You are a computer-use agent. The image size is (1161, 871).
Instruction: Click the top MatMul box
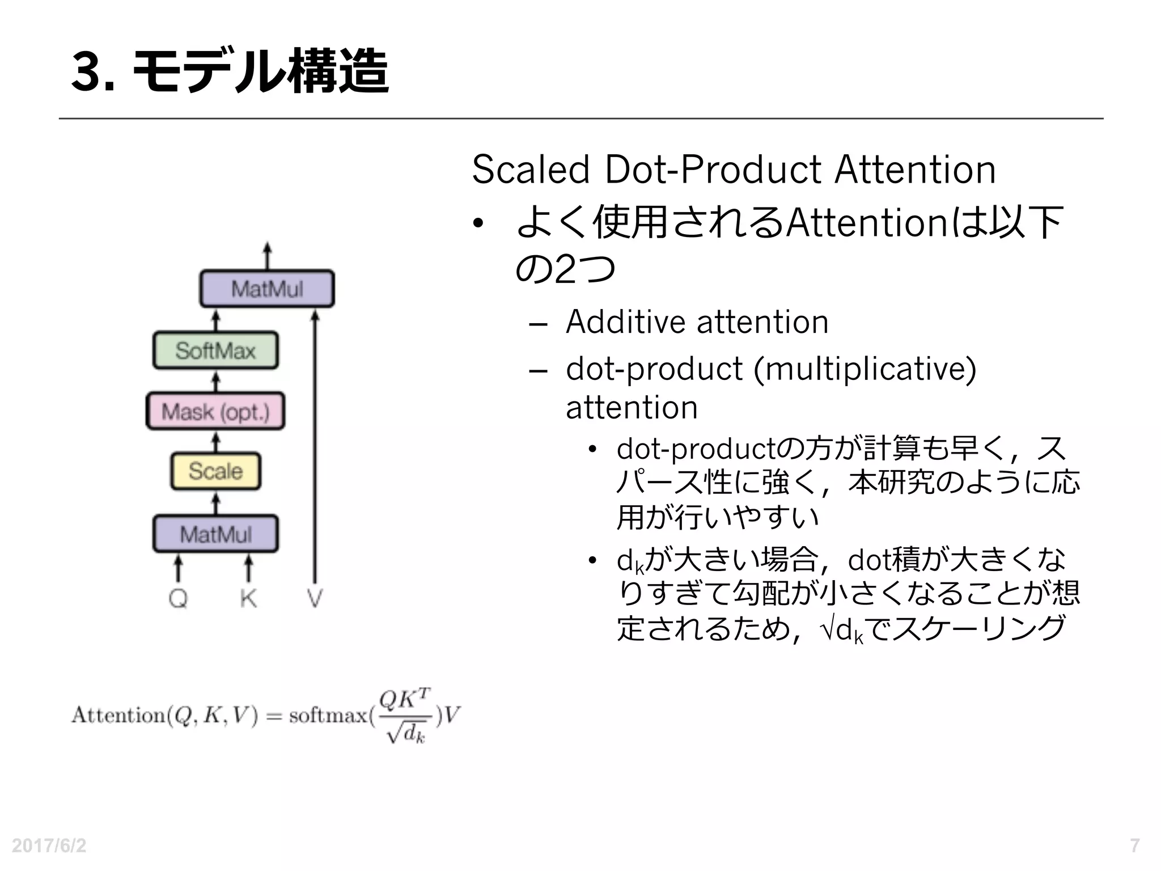(x=267, y=289)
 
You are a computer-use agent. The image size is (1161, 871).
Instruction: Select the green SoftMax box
(x=215, y=350)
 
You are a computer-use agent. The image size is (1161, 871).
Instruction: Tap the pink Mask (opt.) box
(x=215, y=411)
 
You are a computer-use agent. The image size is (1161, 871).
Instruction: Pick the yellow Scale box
(x=215, y=471)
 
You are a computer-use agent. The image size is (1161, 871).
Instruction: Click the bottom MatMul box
(x=215, y=534)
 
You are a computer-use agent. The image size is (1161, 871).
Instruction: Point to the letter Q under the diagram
(x=178, y=598)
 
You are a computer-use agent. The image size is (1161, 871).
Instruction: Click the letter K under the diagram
(x=248, y=598)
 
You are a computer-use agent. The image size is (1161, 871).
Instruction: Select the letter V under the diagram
(x=315, y=598)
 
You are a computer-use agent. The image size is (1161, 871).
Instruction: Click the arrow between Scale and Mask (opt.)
(x=215, y=441)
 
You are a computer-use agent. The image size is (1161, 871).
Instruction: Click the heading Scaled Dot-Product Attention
(x=734, y=170)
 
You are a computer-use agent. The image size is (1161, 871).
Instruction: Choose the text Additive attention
(x=697, y=322)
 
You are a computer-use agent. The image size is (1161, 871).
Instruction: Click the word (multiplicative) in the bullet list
(x=865, y=369)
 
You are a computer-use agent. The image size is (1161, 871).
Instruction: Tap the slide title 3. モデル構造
(x=230, y=71)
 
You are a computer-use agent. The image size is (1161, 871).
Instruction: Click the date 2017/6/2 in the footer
(x=49, y=845)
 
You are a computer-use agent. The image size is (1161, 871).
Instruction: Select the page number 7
(x=1134, y=845)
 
